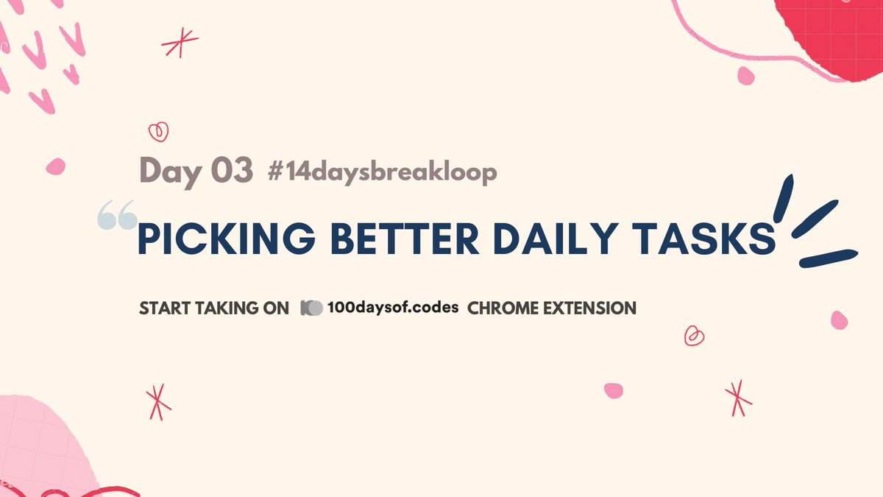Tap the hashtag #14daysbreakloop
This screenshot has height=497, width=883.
pos(382,172)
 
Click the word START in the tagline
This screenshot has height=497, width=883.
pos(164,309)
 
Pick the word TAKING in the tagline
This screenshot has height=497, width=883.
pos(224,309)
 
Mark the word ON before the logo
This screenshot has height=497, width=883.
pos(275,309)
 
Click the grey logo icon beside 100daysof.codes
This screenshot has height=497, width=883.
pos(311,308)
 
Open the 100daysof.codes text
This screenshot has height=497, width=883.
pos(394,308)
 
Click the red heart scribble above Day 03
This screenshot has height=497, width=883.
pos(158,132)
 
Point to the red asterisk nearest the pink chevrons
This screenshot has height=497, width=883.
pos(176,43)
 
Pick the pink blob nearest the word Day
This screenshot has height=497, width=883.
pos(55,166)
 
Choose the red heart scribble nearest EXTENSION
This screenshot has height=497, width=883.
pos(693,336)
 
